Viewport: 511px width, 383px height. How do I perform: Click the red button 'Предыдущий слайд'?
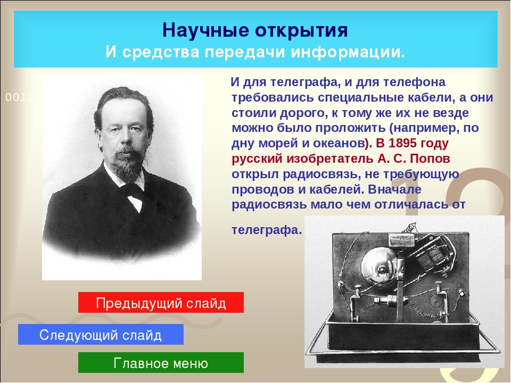coord(161,303)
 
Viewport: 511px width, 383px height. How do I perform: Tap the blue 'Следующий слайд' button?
coord(101,335)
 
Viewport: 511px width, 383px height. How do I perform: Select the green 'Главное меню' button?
coord(161,362)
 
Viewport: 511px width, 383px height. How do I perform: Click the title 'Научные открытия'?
coord(255,30)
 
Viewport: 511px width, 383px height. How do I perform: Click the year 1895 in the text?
coord(403,143)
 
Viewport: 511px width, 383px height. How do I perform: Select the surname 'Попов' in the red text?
coord(430,159)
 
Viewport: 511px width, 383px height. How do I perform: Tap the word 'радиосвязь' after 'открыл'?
coord(322,174)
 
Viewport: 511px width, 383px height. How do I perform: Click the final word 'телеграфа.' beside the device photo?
coord(267,230)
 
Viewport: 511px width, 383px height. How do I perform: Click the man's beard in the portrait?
coord(129,164)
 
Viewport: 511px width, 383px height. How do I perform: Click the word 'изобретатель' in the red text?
coord(330,159)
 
